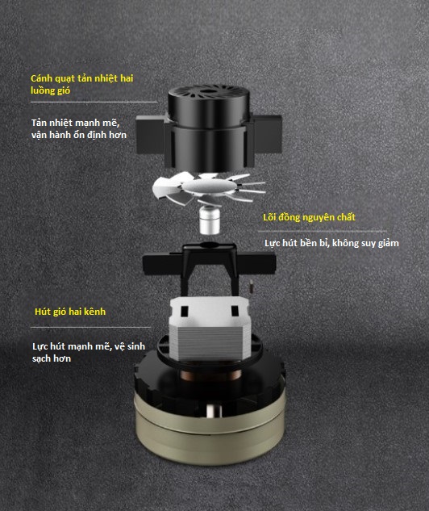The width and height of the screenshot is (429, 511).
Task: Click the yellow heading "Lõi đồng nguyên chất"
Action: pyautogui.click(x=309, y=217)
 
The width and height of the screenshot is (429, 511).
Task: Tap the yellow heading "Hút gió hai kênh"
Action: pyautogui.click(x=70, y=312)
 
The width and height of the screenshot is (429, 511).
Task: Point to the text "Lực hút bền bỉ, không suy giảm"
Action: pyautogui.click(x=331, y=243)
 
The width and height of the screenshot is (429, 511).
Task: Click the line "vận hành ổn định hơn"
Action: pyautogui.click(x=79, y=135)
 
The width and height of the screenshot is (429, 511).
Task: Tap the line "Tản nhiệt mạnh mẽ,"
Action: pyautogui.click(x=76, y=123)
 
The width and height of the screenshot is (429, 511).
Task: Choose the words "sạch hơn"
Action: pyautogui.click(x=52, y=358)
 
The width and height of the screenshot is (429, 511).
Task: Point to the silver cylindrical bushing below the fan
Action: pyautogui.click(x=210, y=220)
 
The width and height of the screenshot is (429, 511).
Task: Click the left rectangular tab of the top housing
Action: pyautogui.click(x=150, y=135)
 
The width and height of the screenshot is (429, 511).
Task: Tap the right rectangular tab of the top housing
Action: pyautogui.click(x=267, y=134)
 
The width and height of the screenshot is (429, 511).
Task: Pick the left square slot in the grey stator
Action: pyautogui.click(x=184, y=312)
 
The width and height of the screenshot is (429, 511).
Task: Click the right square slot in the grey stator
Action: pyautogui.click(x=235, y=311)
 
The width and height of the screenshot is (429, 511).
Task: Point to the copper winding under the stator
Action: pyautogui.click(x=210, y=375)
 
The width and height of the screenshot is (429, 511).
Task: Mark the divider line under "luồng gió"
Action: pyautogui.click(x=94, y=102)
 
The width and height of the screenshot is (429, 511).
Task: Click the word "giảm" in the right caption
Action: pyautogui.click(x=389, y=244)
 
